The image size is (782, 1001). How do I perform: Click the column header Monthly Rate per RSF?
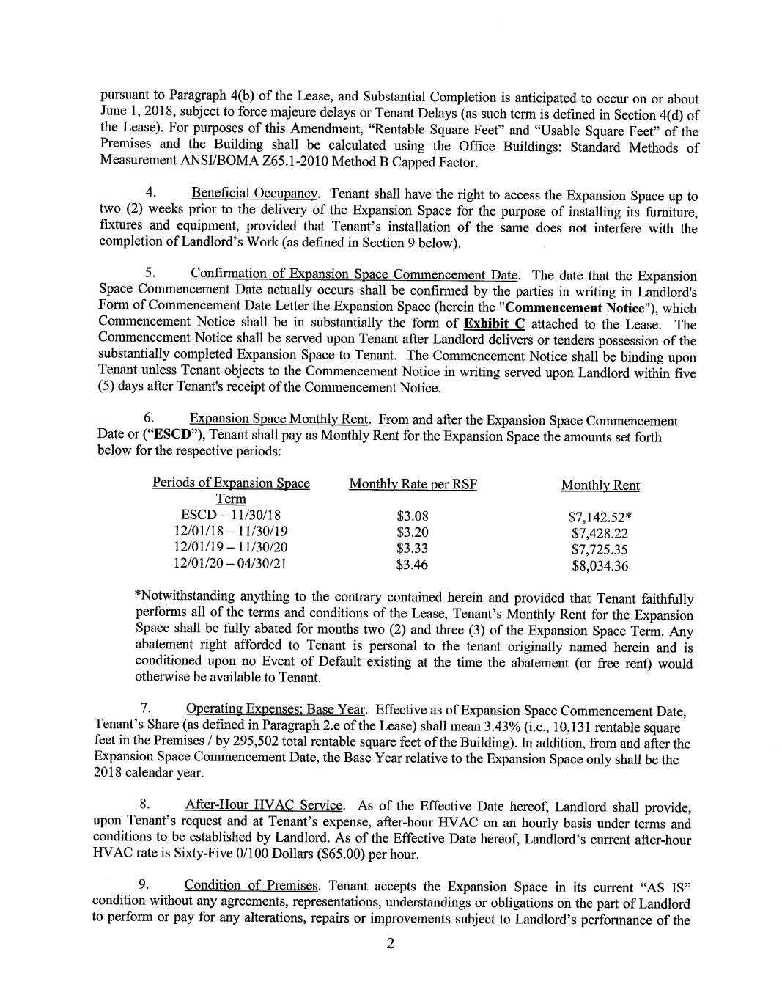[x=413, y=485]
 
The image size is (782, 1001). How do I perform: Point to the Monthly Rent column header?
[x=600, y=485]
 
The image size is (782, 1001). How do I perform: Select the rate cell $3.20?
[x=412, y=532]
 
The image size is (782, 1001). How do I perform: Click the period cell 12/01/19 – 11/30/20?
[x=230, y=548]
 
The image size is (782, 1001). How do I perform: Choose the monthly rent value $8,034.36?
[x=600, y=566]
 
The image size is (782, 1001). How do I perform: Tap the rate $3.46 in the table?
[x=412, y=565]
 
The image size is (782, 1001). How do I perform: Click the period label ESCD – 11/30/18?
[x=230, y=516]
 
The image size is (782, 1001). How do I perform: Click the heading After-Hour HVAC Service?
[x=264, y=806]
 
